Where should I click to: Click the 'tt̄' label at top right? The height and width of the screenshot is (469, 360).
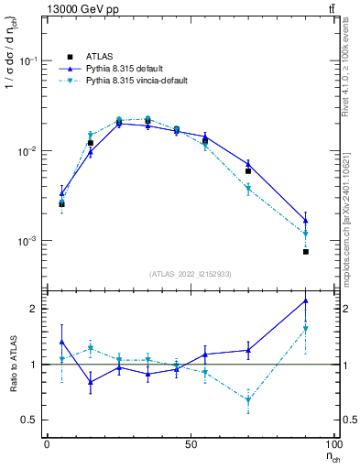330,8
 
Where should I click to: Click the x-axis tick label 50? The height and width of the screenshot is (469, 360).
191,443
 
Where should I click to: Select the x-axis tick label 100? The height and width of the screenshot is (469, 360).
333,443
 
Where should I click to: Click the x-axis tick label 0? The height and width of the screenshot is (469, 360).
47,443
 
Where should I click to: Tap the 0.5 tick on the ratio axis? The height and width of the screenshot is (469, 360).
30,420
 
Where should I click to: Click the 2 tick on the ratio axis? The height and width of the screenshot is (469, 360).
35,309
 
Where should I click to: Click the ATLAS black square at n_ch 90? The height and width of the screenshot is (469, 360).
306,251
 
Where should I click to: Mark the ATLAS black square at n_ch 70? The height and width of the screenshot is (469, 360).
248,171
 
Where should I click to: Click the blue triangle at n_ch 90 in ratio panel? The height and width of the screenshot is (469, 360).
306,300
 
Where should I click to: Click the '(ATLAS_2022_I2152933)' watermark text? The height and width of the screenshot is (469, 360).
191,274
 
